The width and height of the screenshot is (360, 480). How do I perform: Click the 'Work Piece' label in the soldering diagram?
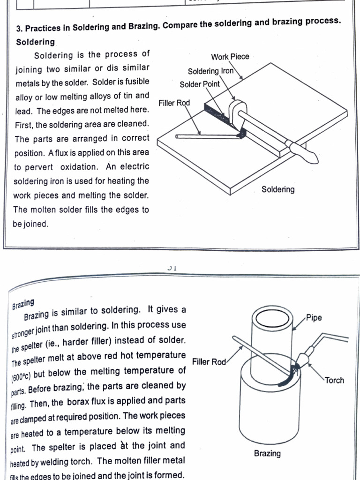click(x=230, y=57)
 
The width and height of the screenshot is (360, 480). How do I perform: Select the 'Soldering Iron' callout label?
click(x=210, y=71)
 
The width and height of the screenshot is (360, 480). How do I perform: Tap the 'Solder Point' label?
click(x=199, y=84)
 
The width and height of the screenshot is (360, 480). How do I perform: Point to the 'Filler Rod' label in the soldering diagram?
click(x=174, y=103)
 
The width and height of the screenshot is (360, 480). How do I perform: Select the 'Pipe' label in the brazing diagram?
click(x=314, y=318)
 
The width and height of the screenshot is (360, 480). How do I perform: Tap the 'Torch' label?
click(x=334, y=380)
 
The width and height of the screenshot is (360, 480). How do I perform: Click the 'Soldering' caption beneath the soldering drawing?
click(x=277, y=189)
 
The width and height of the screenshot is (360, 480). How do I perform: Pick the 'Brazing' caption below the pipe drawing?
click(x=267, y=453)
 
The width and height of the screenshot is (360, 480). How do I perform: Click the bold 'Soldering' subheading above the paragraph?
click(x=35, y=42)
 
